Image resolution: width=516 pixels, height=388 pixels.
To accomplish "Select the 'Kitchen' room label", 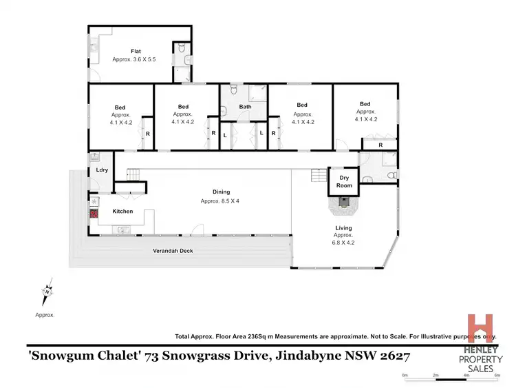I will click(x=122, y=212).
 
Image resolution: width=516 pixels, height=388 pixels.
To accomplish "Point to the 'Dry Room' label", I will click(x=344, y=181).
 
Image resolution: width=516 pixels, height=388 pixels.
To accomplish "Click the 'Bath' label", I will click(x=245, y=107).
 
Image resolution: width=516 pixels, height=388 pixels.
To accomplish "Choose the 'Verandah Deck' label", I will click(x=173, y=251).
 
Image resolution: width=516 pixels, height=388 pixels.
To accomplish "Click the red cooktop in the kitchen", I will click(x=94, y=214).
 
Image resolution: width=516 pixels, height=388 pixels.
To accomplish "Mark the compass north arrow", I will click(x=47, y=293).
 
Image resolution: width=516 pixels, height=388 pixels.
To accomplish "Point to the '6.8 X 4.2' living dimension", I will click(x=343, y=243).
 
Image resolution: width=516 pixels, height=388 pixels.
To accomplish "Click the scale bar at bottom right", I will click(x=451, y=376).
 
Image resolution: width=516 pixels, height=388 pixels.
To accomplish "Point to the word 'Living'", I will click(x=343, y=227).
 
